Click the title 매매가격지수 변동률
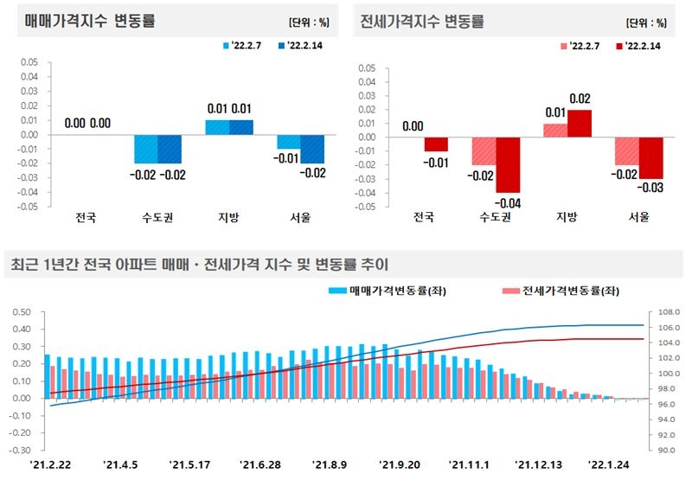pos(90,22)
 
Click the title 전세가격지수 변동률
pos(421,22)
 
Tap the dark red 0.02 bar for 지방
pos(580,124)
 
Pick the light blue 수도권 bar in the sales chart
pos(144,149)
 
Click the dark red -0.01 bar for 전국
pos(436,144)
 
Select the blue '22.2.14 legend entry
pos(300,45)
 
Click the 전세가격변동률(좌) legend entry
pos(561,291)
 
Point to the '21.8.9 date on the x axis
pos(330,465)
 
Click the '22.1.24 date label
pos(608,465)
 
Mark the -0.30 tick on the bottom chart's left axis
pos(20,451)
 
